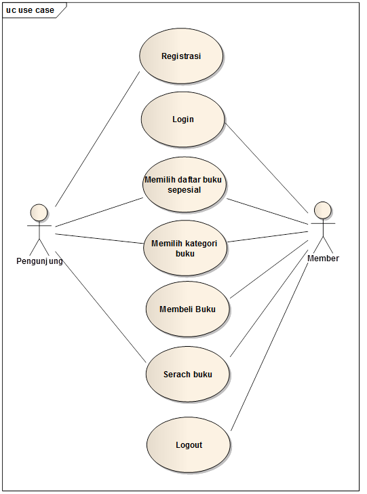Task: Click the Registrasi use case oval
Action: click(x=181, y=56)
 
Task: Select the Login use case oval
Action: click(x=182, y=119)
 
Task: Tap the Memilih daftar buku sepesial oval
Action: click(x=185, y=185)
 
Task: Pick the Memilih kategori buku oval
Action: click(x=185, y=248)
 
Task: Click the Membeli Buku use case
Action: click(x=188, y=309)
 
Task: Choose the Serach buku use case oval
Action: click(x=188, y=374)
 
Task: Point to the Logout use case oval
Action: click(x=189, y=445)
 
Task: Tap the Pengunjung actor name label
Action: click(x=39, y=261)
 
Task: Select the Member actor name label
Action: click(x=323, y=259)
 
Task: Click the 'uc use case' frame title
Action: click(x=30, y=10)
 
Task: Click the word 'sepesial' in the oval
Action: click(x=185, y=190)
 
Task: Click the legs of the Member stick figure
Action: click(x=324, y=245)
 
